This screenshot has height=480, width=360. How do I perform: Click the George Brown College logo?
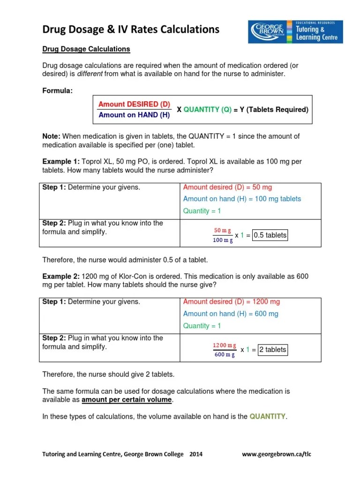(295, 32)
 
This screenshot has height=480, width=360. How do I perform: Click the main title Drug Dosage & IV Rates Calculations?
(131, 30)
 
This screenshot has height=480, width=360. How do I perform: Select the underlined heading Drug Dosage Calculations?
(86, 49)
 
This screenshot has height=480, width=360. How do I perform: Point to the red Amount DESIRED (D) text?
(134, 104)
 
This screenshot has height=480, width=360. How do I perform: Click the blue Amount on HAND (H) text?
(134, 115)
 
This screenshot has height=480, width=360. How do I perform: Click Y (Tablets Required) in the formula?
(274, 110)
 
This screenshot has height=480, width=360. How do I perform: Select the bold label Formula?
(57, 90)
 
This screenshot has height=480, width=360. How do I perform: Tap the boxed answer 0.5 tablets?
(270, 235)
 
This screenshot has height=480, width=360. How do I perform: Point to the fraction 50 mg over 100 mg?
(223, 235)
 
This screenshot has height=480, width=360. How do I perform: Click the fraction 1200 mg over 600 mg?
(225, 350)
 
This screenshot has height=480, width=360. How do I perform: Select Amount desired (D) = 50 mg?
(227, 187)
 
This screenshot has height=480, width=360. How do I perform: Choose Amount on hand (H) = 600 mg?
(231, 314)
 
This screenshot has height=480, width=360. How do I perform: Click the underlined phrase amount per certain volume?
(127, 400)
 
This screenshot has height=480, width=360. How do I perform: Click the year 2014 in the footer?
(195, 454)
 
